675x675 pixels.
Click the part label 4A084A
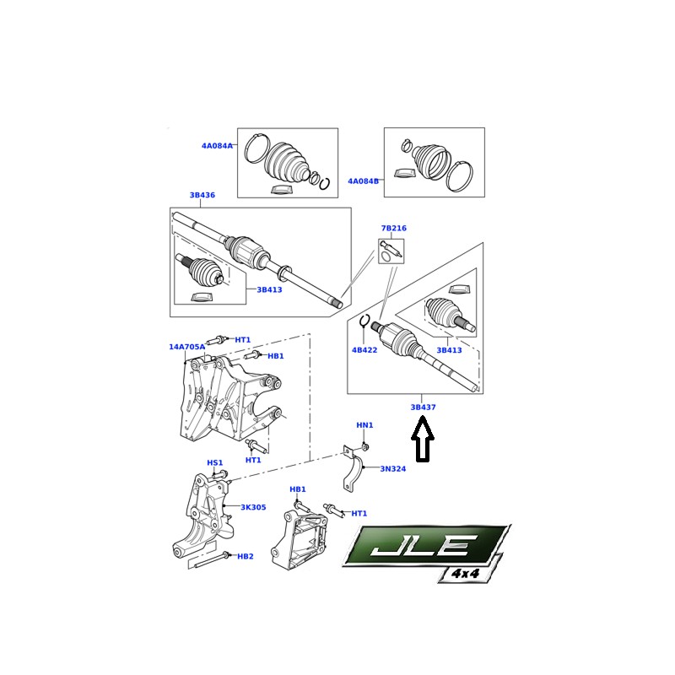[x=217, y=145]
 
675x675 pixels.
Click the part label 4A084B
[x=364, y=181]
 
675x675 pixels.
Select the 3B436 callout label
[x=202, y=195]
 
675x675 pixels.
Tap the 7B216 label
[x=393, y=228]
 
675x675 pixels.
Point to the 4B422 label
[x=364, y=350]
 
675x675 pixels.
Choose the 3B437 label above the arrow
[x=424, y=407]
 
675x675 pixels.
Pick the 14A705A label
[x=186, y=347]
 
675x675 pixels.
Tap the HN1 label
[x=364, y=425]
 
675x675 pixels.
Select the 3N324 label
[x=393, y=469]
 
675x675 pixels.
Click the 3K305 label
[x=253, y=507]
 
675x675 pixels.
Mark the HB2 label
[x=246, y=556]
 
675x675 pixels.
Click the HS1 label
[x=215, y=462]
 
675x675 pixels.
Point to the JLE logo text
[x=424, y=545]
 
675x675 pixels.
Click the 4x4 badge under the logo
[x=466, y=574]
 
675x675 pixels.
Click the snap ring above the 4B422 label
[x=364, y=321]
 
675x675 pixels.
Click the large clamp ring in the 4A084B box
[x=459, y=175]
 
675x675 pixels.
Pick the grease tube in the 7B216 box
[x=391, y=251]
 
